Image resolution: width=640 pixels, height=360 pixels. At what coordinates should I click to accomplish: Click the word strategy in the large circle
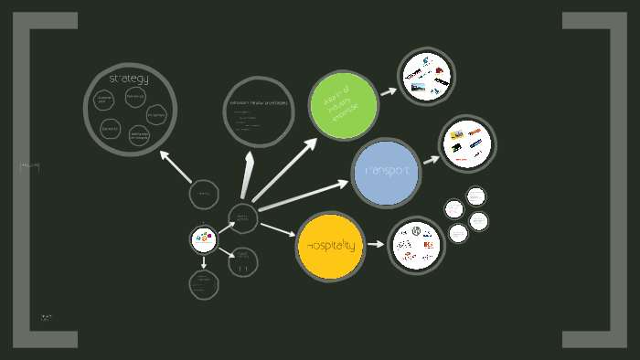(128, 79)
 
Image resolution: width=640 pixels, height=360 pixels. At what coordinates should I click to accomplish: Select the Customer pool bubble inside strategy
(105, 97)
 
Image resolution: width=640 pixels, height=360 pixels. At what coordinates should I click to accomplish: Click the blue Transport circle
(386, 172)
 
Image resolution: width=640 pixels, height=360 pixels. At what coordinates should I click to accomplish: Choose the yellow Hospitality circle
(330, 246)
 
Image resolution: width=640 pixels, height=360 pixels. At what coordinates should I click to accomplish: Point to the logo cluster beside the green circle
(427, 76)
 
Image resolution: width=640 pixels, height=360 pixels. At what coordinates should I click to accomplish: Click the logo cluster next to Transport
(466, 143)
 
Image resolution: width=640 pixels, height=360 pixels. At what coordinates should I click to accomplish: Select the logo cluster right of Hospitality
(416, 244)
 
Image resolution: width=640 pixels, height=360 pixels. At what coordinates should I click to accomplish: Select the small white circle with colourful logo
(204, 239)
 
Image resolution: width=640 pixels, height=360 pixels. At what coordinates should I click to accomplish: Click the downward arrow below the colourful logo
(204, 263)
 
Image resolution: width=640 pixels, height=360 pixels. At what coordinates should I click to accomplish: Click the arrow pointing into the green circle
(285, 169)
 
